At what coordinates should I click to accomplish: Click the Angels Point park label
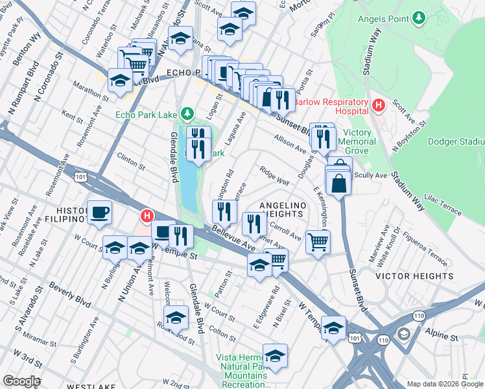383,18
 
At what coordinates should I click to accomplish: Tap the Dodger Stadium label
456,141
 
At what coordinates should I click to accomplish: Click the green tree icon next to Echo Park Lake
187,115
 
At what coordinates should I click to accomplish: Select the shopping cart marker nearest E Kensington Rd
318,242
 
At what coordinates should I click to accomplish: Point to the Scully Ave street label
372,176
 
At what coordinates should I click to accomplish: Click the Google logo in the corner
21,381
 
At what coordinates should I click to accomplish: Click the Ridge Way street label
274,176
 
